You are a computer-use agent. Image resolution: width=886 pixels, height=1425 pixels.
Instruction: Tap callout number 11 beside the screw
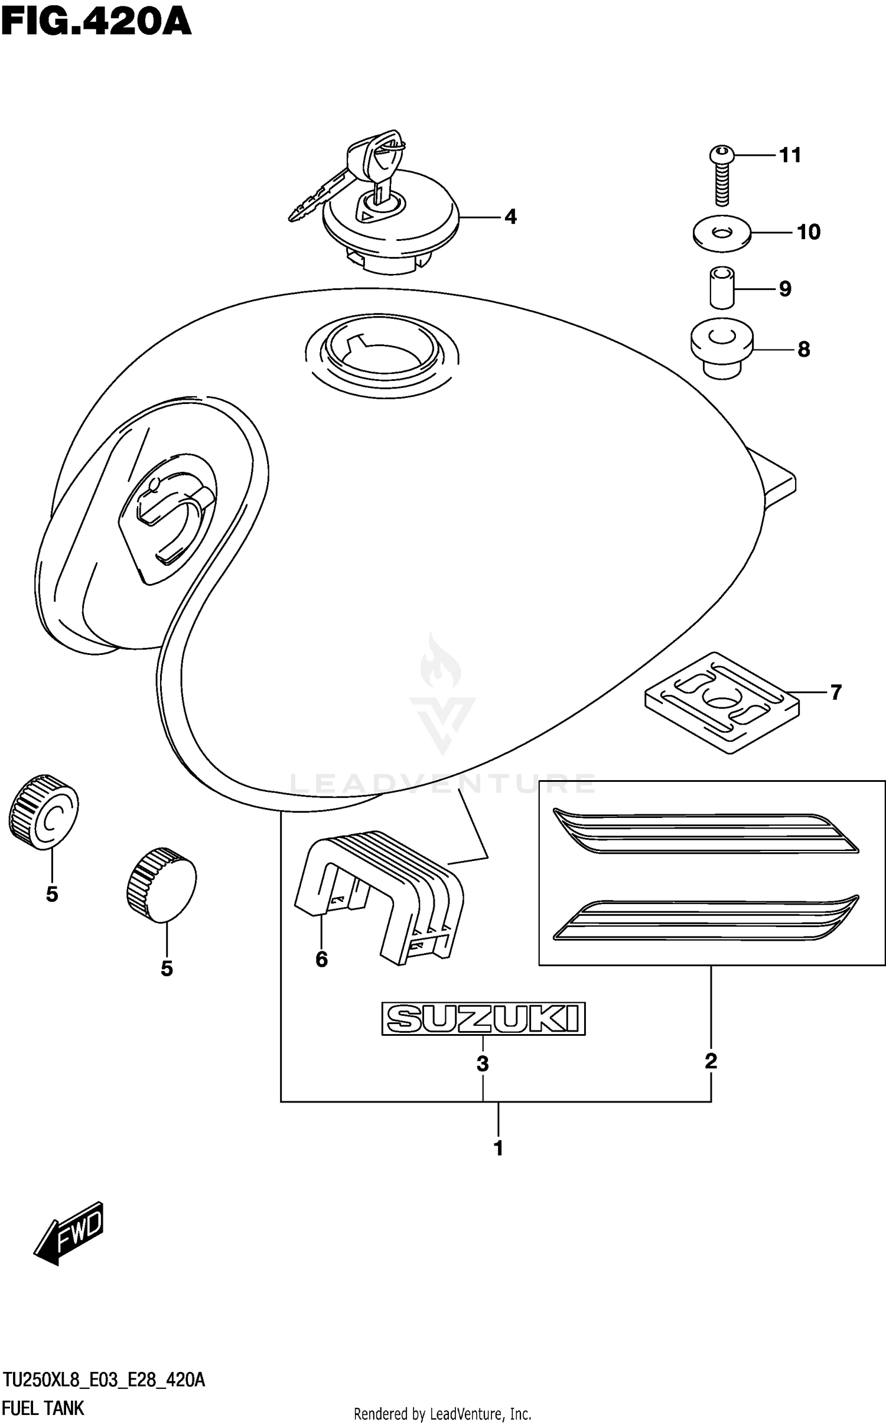click(790, 155)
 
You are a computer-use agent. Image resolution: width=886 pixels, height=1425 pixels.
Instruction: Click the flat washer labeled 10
click(722, 234)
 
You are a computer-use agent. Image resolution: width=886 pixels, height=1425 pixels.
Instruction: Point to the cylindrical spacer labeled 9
click(722, 288)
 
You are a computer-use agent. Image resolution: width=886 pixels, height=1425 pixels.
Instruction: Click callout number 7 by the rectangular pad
click(835, 692)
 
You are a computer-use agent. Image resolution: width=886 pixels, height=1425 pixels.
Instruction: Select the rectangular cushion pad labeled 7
click(722, 702)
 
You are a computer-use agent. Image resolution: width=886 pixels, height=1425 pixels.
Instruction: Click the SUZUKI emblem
click(483, 1018)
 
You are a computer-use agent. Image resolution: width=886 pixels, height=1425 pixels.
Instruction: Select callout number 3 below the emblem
click(483, 1064)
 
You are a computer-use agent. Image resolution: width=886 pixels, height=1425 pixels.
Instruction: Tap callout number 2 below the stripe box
click(711, 1061)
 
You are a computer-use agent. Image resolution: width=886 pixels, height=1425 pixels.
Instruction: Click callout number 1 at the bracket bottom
click(499, 1148)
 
